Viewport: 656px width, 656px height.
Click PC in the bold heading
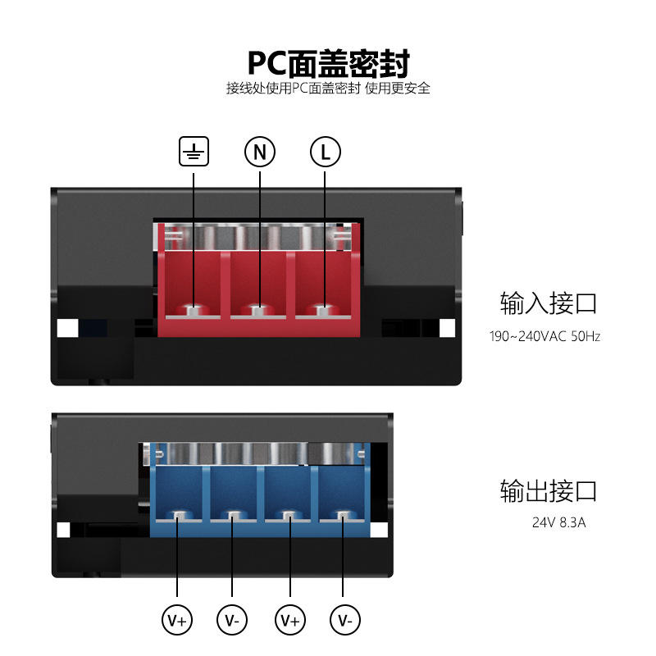[270, 63]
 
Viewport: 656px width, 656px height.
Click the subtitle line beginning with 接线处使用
[328, 89]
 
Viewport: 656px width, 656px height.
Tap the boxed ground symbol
[194, 152]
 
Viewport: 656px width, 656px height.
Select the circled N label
[260, 152]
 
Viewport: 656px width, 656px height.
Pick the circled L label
[325, 152]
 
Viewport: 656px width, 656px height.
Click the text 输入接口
[549, 303]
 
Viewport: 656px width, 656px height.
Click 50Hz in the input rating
[585, 336]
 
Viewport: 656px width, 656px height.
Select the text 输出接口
[549, 490]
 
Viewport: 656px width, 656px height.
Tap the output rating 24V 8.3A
[558, 522]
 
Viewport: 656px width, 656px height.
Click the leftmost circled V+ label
[178, 621]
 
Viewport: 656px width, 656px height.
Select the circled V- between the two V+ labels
[233, 621]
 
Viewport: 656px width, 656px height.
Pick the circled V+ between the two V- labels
[289, 621]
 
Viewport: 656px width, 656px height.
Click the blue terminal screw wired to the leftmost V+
[178, 516]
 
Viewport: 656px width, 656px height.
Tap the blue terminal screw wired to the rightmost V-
[344, 516]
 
